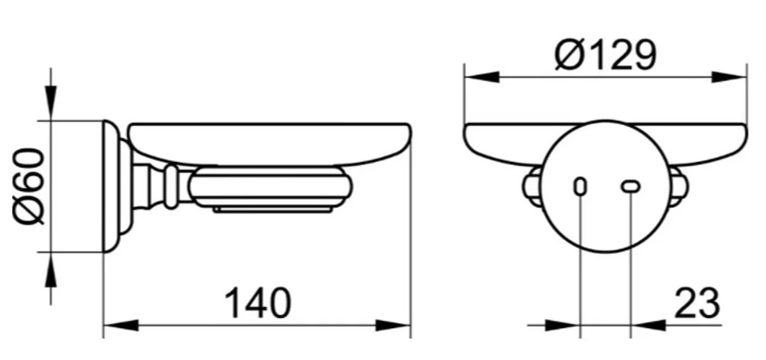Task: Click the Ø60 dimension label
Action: click(29, 186)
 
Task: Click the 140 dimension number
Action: click(257, 303)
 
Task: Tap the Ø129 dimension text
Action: click(606, 55)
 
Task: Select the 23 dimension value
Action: click(697, 303)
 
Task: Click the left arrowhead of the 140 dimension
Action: click(121, 325)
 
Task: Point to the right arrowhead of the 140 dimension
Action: click(393, 325)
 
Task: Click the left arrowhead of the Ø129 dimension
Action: click(482, 77)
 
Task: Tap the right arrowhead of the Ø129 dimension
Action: click(729, 77)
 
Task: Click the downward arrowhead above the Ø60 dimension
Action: click(51, 103)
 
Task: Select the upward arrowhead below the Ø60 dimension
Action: click(51, 270)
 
